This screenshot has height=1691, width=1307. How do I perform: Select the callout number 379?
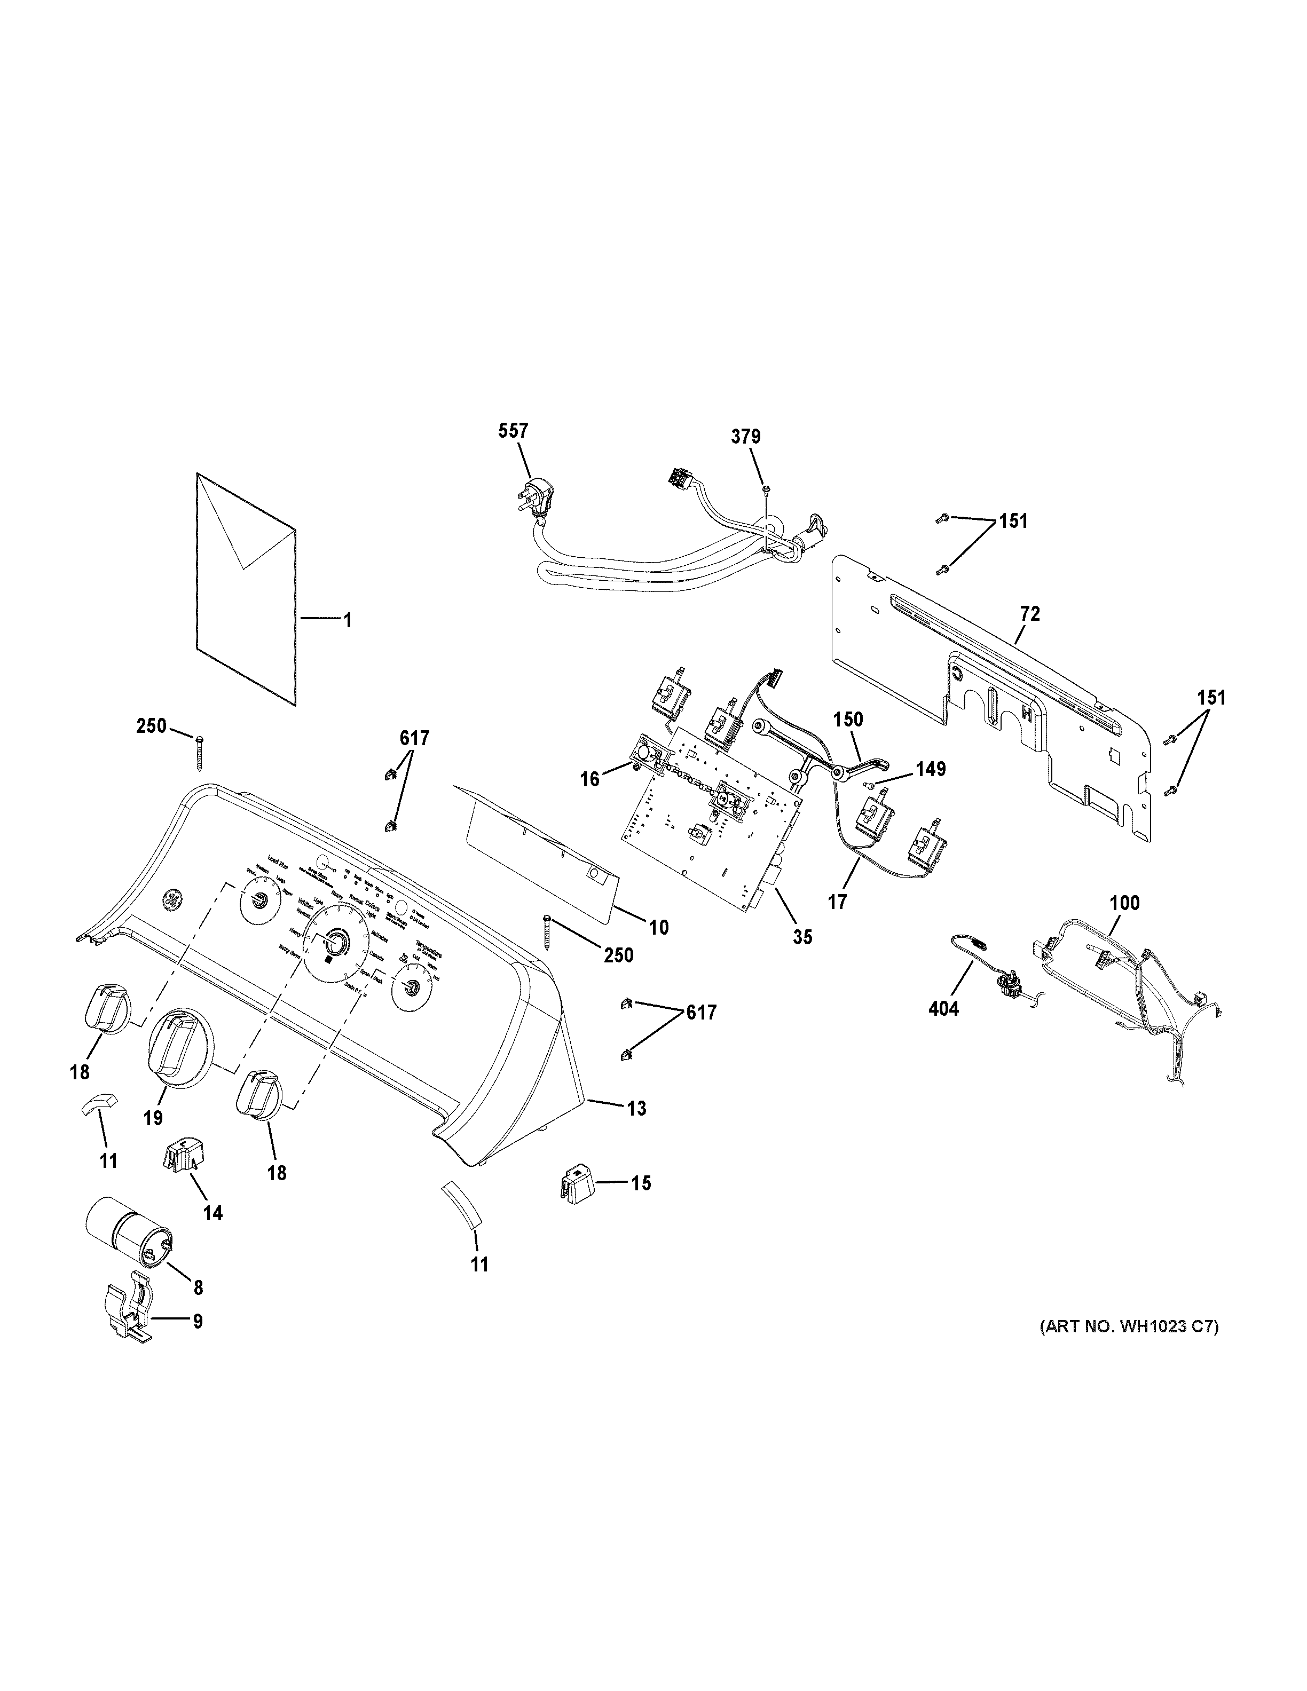pyautogui.click(x=746, y=437)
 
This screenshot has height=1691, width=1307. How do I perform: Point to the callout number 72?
pyautogui.click(x=1030, y=614)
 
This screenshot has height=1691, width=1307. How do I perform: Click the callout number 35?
pyautogui.click(x=803, y=937)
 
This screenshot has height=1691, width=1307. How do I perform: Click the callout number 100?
pyautogui.click(x=1125, y=903)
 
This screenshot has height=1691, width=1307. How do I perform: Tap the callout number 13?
pyautogui.click(x=636, y=1109)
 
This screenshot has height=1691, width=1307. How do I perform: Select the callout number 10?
pyautogui.click(x=659, y=927)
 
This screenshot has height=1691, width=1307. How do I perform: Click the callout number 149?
pyautogui.click(x=931, y=769)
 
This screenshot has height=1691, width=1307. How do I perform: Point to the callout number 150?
pyautogui.click(x=848, y=720)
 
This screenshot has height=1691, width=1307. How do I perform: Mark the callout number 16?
pyautogui.click(x=590, y=779)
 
